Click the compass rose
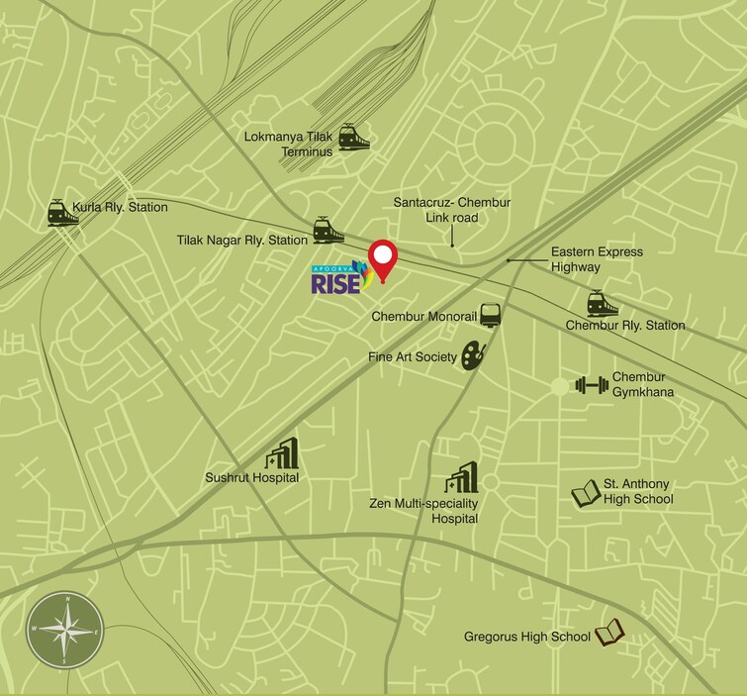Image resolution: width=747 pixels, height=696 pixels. [x=66, y=631]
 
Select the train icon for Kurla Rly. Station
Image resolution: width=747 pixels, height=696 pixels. [x=62, y=213]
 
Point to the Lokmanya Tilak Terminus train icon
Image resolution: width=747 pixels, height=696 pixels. [x=353, y=137]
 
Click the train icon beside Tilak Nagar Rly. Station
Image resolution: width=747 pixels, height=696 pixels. [x=327, y=231]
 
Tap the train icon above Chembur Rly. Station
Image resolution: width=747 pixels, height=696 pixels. [x=602, y=303]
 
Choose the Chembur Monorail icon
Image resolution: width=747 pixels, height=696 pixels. [x=491, y=316]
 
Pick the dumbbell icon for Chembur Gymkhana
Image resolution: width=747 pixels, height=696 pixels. [x=592, y=384]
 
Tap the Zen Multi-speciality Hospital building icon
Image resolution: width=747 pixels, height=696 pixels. [x=461, y=477]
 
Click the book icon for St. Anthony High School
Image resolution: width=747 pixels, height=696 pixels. [x=587, y=493]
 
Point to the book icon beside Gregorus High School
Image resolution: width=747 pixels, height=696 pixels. [x=608, y=631]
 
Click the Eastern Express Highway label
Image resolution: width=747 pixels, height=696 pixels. [x=597, y=259]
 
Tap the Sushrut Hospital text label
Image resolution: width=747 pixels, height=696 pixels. [x=252, y=478]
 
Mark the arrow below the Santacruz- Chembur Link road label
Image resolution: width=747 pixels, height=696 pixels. [x=451, y=236]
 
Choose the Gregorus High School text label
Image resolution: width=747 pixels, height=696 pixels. [x=527, y=637]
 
